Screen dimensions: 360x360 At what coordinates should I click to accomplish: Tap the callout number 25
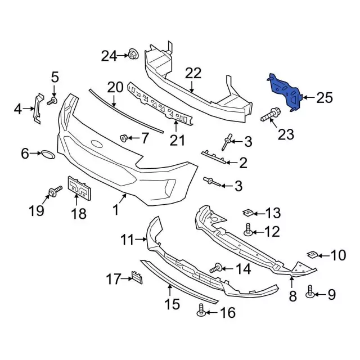point(324,98)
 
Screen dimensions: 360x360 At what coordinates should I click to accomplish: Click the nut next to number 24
point(133,55)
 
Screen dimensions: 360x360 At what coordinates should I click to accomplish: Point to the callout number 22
point(193,73)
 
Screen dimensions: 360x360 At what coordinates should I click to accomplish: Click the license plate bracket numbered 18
point(79,188)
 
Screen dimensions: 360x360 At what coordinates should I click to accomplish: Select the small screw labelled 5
point(52,101)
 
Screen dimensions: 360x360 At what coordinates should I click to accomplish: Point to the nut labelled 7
point(124,137)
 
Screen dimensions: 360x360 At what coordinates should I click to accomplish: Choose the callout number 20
point(115,87)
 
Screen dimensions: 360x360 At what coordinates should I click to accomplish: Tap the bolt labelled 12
point(248,229)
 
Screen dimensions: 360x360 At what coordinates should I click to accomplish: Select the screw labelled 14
point(216,269)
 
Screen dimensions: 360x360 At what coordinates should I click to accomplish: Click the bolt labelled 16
point(201,309)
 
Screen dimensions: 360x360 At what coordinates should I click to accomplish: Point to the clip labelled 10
point(313,255)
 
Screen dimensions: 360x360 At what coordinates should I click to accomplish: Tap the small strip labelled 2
point(216,157)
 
